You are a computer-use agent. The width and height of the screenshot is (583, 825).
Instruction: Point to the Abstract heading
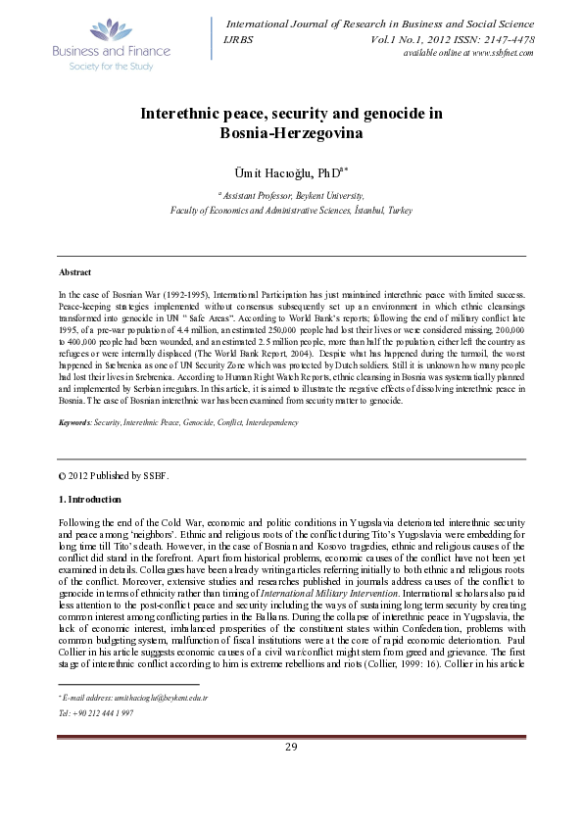coord(75,271)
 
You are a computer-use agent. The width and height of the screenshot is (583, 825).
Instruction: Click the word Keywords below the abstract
coord(75,421)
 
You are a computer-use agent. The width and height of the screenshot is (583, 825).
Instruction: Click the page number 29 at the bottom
coord(291,803)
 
